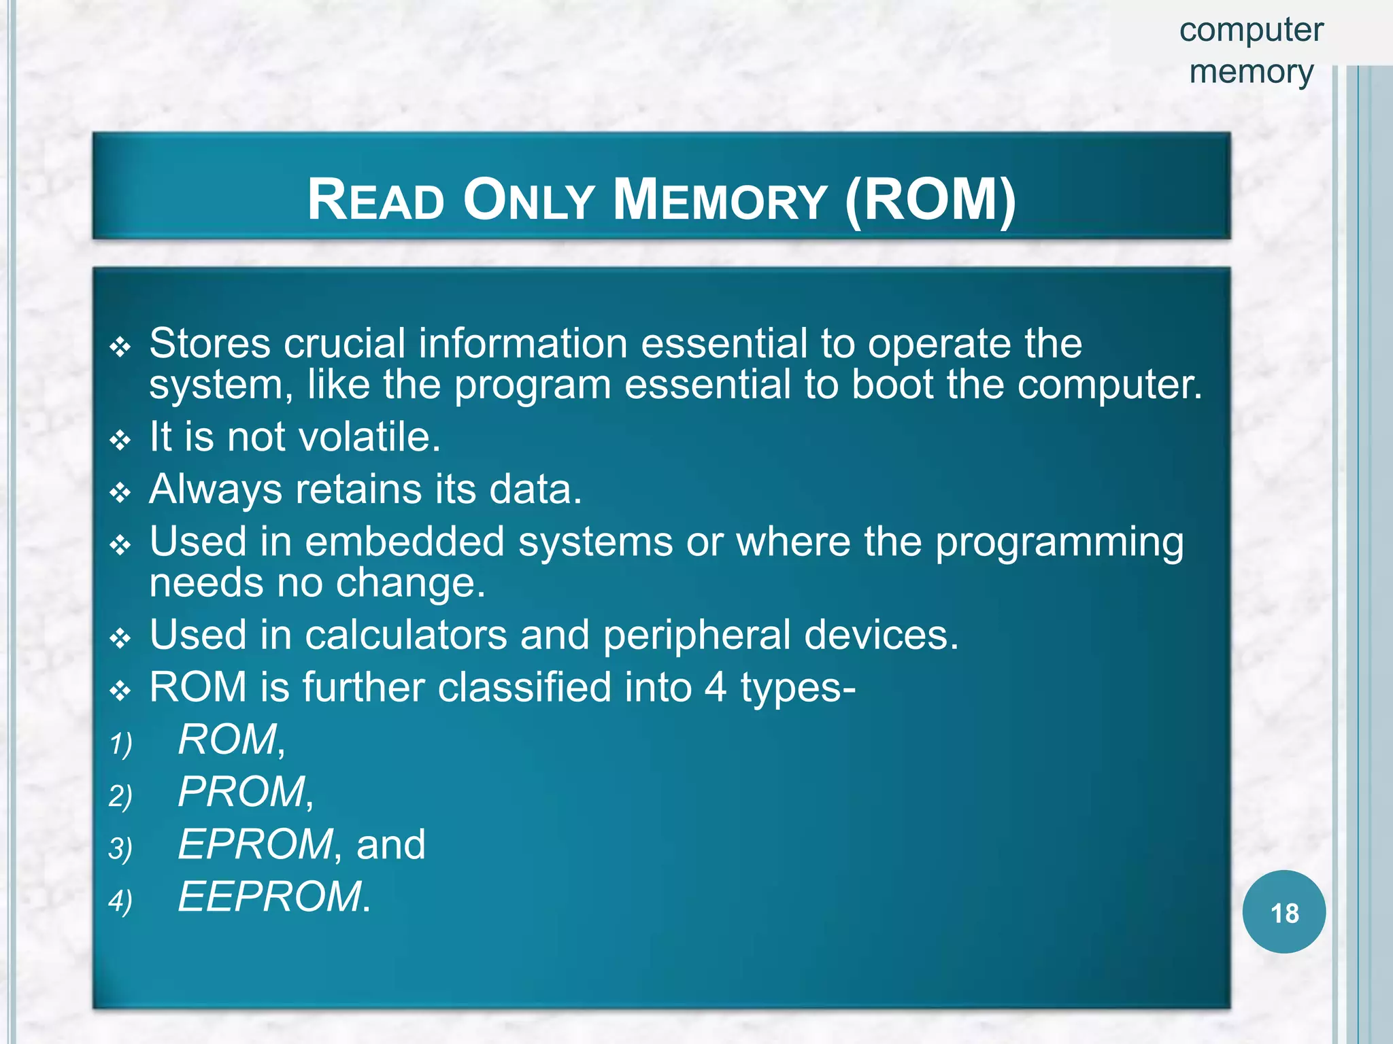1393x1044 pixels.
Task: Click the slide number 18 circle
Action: [x=1283, y=912]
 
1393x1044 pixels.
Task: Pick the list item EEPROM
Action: [x=270, y=897]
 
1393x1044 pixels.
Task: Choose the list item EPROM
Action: [x=256, y=844]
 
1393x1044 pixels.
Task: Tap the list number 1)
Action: [x=120, y=743]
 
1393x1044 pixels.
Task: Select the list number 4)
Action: [x=120, y=901]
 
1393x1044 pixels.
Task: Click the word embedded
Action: [x=405, y=542]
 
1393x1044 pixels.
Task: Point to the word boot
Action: [x=892, y=385]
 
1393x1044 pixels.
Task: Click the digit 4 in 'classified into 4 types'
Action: [x=715, y=687]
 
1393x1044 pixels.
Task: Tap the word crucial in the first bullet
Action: [x=344, y=343]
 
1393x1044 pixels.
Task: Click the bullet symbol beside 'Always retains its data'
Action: [x=120, y=493]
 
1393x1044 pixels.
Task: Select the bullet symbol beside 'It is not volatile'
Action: [x=120, y=440]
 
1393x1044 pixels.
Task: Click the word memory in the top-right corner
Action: [x=1251, y=72]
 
